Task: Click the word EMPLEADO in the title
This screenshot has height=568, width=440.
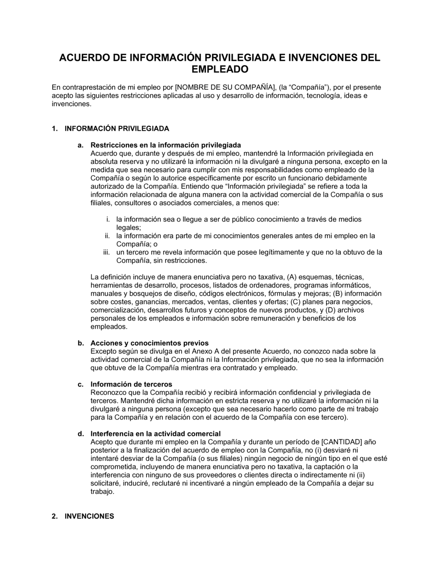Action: tap(220, 69)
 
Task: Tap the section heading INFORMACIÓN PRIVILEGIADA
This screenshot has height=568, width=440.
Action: tap(117, 129)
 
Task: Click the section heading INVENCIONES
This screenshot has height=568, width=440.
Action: tap(89, 516)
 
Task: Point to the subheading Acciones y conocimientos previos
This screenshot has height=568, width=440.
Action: tap(149, 343)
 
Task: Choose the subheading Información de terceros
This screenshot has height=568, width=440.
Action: tap(131, 384)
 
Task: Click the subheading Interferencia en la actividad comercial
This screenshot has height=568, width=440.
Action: tap(155, 434)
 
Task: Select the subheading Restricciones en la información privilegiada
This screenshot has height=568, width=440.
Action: tap(165, 145)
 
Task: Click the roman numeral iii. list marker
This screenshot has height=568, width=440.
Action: tap(106, 252)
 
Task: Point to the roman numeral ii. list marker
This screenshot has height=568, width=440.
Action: tap(107, 236)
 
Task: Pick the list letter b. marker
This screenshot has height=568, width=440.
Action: tap(81, 343)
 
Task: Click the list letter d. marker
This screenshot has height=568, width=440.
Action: tap(81, 434)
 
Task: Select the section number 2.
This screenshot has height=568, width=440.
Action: tap(54, 516)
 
